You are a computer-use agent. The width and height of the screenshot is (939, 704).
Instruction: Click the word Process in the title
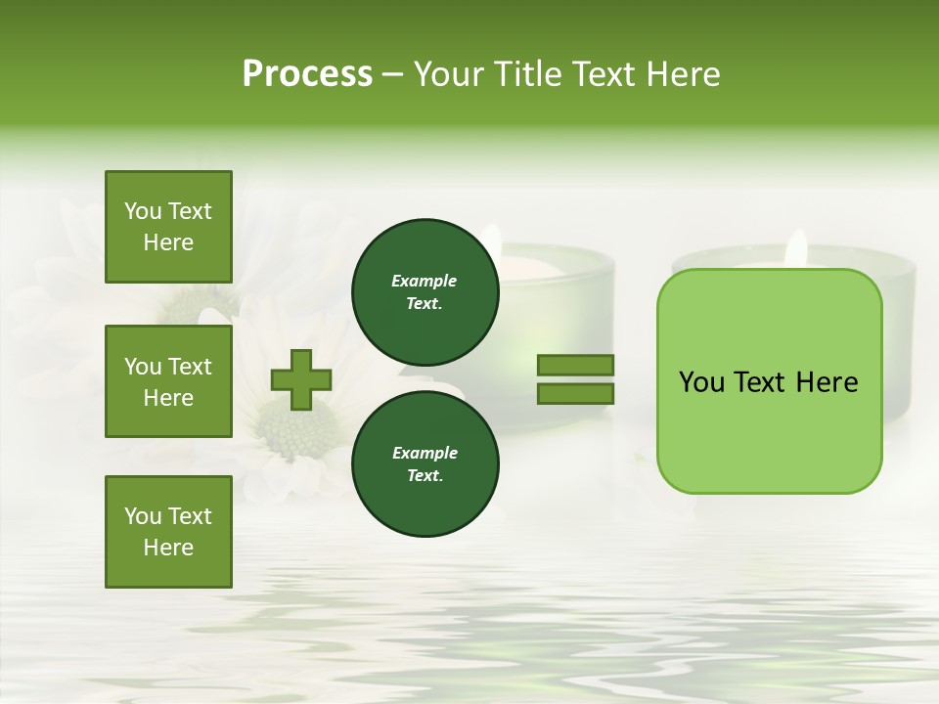(x=307, y=73)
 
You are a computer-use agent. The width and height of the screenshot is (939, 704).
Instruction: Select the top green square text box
(x=168, y=227)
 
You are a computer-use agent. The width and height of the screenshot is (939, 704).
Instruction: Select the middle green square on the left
(x=168, y=381)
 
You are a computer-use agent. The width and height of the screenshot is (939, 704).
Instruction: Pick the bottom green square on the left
(x=168, y=532)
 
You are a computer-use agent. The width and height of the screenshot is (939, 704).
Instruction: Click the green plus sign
(x=301, y=379)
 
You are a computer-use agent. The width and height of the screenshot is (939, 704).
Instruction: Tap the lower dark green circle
(x=425, y=464)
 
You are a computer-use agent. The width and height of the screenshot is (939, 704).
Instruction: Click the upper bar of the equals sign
(x=576, y=366)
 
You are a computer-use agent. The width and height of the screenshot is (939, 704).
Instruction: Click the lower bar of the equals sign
(x=576, y=394)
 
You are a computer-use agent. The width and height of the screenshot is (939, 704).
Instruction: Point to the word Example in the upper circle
(x=424, y=282)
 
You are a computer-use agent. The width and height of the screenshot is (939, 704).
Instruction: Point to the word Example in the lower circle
(x=425, y=453)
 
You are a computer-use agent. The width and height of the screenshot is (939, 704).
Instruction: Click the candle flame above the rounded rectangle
(x=797, y=248)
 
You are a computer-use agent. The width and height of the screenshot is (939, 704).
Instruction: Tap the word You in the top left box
(x=143, y=211)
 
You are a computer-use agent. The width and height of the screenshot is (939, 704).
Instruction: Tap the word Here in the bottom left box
(x=168, y=548)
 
